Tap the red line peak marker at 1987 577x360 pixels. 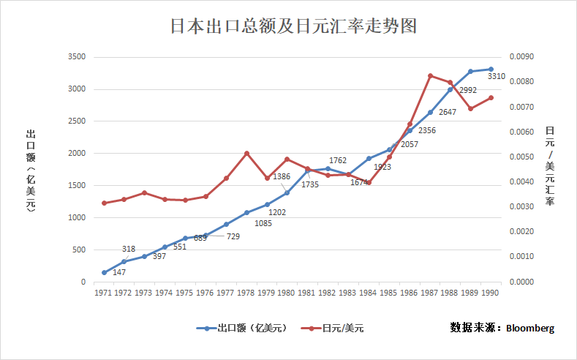click(430, 75)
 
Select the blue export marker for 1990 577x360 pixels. click(491, 69)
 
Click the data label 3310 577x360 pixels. click(497, 76)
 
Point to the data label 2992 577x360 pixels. click(467, 90)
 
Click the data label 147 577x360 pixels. click(119, 272)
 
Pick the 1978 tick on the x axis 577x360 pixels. click(246, 293)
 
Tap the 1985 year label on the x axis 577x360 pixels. click(389, 293)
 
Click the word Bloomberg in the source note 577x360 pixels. click(529, 327)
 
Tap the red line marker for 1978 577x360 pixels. click(246, 154)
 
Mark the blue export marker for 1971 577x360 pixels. click(104, 273)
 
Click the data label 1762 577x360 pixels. click(338, 160)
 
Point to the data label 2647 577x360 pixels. click(448, 112)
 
